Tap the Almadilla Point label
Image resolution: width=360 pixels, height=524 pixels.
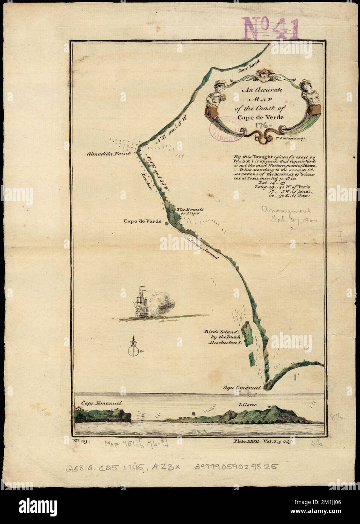(107, 154)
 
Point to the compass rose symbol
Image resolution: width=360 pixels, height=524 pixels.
(133, 351)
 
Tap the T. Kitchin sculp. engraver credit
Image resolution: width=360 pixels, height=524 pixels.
(292, 139)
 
